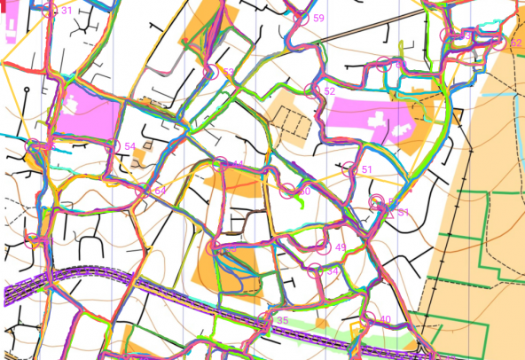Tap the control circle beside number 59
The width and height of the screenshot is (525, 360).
coord(303,17)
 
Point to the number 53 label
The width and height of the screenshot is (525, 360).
coord(229,72)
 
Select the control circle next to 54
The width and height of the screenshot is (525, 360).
coord(116,146)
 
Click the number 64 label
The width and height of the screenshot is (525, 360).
coord(161,191)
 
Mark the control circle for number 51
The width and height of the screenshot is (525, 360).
coord(351,169)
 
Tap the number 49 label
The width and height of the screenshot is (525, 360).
coord(341,247)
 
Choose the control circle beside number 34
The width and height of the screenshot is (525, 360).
coord(317,272)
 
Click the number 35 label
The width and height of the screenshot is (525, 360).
coord(283,320)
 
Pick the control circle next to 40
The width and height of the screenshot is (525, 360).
coord(370,319)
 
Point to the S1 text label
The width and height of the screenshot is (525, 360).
coord(403,213)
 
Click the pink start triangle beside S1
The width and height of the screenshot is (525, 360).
coord(388,210)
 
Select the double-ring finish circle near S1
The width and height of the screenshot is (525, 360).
coord(376,203)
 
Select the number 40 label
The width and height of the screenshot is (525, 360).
coord(385,319)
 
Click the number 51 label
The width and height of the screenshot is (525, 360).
coord(367,168)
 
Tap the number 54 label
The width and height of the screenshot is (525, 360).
coord(130,146)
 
